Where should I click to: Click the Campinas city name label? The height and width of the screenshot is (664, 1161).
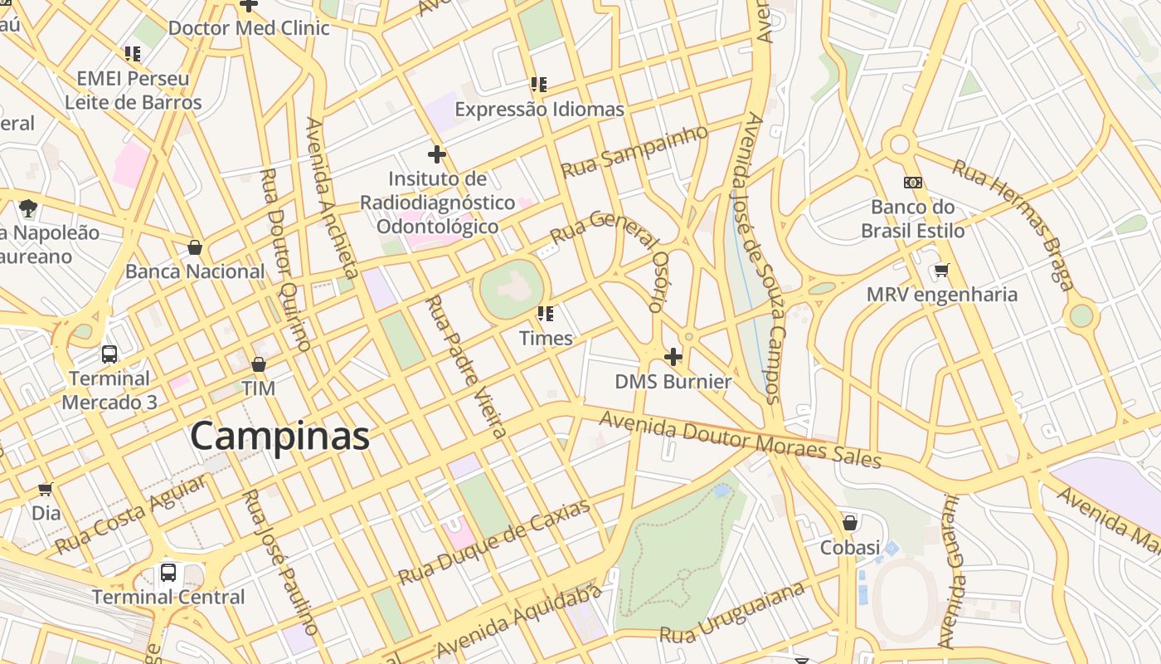[x=279, y=437]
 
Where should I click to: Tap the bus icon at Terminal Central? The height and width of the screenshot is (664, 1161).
[x=168, y=573]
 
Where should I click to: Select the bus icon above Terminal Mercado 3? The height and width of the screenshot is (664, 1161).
[x=109, y=354]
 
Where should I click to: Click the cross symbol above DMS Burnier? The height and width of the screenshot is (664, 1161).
[x=673, y=357]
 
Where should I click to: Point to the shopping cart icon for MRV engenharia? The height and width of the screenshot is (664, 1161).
[x=941, y=271]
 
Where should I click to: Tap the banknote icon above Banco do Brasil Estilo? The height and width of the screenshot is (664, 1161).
[x=913, y=183]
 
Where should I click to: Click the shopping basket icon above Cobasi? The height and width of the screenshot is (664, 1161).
[x=850, y=523]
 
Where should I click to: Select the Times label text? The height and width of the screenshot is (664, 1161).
[x=546, y=338]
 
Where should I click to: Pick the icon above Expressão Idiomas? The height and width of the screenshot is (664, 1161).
[x=539, y=85]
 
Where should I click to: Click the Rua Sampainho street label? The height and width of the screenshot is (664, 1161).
[x=635, y=152]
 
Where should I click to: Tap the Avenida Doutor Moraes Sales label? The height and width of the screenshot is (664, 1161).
[x=739, y=440]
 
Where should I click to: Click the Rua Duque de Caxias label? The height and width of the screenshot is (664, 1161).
[x=494, y=542]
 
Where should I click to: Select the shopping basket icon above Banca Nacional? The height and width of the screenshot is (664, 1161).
[x=195, y=247]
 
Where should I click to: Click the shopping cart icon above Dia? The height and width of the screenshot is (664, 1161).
[x=46, y=490]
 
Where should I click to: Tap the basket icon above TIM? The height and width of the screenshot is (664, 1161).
[x=259, y=364]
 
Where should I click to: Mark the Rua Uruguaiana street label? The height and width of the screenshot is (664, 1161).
[x=732, y=614]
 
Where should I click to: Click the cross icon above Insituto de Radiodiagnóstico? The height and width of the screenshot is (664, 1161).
[x=437, y=154]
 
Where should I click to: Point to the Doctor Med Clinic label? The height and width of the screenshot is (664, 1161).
[x=249, y=28]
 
